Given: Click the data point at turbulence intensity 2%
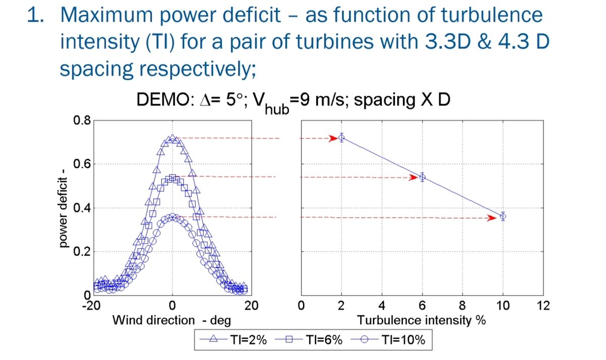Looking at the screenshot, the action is (341, 138).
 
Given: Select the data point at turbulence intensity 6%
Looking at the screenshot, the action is (422, 177).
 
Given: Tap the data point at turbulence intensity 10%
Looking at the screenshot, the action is (503, 217).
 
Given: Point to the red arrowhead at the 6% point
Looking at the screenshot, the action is (413, 177).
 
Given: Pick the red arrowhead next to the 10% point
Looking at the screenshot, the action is (491, 218).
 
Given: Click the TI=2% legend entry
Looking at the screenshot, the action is (233, 340).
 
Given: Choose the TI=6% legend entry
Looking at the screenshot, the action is (309, 340).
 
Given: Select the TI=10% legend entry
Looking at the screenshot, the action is (388, 340).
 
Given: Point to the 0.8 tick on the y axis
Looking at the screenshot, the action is (82, 120).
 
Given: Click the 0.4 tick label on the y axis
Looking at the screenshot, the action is (82, 208).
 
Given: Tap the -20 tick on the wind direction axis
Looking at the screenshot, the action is (91, 305).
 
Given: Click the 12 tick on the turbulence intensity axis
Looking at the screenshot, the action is (543, 305).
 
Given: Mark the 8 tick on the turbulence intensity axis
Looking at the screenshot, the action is (463, 305).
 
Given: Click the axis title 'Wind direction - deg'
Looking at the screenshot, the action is (172, 321).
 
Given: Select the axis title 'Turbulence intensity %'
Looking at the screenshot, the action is (422, 321).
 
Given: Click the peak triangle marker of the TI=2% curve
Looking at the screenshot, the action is (172, 138).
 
